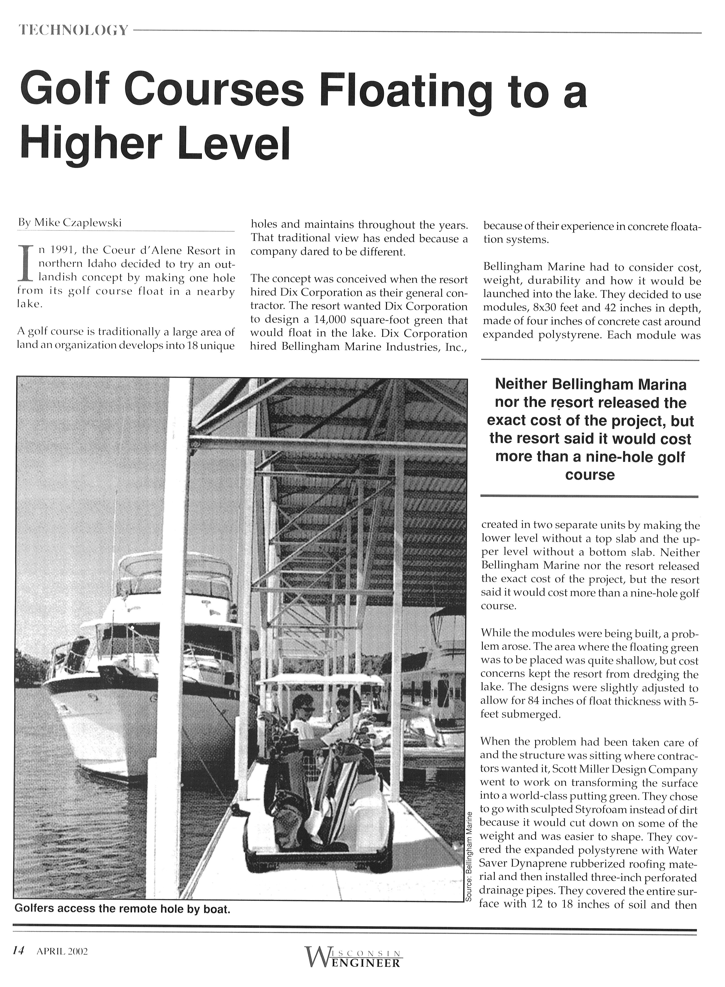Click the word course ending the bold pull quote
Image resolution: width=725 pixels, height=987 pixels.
(589, 475)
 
